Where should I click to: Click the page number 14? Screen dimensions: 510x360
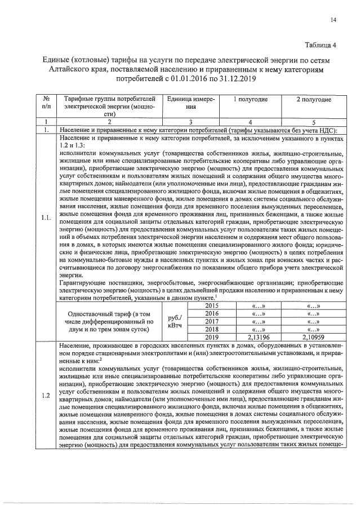(x=334, y=20)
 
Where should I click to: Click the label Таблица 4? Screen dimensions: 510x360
(x=320, y=46)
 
